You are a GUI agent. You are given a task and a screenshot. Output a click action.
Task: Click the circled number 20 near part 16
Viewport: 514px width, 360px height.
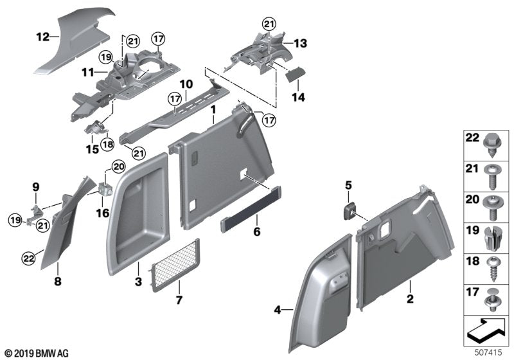point(117,166)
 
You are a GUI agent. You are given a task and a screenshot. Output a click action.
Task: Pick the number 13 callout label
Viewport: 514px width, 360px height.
point(301,43)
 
